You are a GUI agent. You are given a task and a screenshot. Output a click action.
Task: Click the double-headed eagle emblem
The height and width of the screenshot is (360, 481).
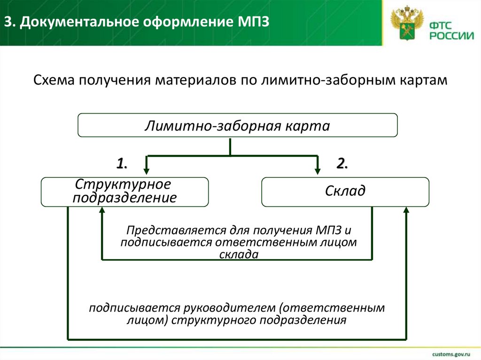pyautogui.click(x=407, y=25)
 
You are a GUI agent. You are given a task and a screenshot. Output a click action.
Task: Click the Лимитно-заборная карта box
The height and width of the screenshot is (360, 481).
pyautogui.click(x=237, y=125)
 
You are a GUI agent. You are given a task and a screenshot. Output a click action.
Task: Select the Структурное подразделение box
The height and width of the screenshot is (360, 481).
pyautogui.click(x=124, y=191)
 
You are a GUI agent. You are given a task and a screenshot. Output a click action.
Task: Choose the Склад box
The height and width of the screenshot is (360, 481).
pyautogui.click(x=345, y=191)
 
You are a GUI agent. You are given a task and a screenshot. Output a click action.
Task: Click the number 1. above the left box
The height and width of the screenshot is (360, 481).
pyautogui.click(x=122, y=164)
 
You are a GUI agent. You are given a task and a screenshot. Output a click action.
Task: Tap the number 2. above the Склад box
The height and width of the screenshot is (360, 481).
pyautogui.click(x=341, y=164)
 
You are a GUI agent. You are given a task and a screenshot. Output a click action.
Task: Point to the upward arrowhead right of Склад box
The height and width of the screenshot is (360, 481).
pyautogui.click(x=406, y=212)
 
